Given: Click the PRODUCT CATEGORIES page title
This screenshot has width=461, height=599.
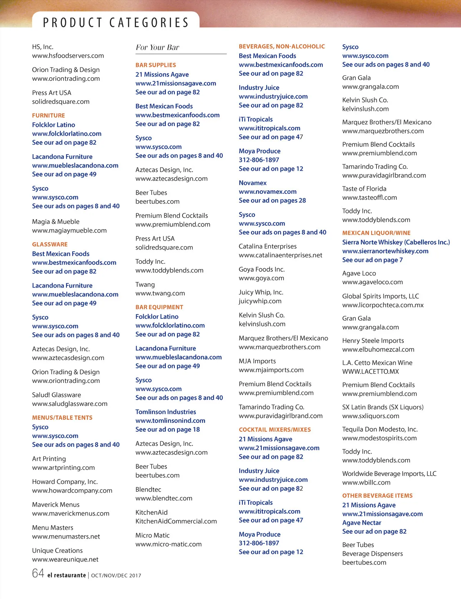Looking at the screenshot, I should [116, 22].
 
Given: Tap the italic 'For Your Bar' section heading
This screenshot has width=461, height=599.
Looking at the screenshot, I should [157, 47].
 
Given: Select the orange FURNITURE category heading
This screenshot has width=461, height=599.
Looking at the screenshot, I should [48, 115].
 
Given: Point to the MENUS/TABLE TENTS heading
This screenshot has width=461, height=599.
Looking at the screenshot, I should [62, 418].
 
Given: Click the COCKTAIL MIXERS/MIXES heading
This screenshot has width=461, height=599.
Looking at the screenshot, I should [275, 429].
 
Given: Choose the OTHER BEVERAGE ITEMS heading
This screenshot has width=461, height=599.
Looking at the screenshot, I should [377, 496].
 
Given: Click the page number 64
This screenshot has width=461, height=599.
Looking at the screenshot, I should [38, 573].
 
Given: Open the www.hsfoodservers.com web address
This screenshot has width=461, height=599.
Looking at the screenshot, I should [68, 56].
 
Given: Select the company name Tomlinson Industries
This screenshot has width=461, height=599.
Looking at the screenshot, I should [166, 412].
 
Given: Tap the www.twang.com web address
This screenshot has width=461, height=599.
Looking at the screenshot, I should [160, 293].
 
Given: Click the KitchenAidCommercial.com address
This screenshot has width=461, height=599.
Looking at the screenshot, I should [176, 521].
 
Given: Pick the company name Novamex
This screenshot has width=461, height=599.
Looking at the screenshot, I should [252, 183].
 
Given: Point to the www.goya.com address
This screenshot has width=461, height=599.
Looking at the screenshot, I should [261, 278].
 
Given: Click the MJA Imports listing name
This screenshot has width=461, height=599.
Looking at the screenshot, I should [257, 361].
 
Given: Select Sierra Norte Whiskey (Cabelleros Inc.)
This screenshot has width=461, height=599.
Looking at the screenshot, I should [396, 242].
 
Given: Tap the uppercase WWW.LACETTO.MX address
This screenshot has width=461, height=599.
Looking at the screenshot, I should [370, 371].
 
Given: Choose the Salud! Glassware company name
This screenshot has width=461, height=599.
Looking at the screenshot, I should [56, 395].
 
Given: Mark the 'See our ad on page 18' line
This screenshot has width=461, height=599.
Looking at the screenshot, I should [167, 429].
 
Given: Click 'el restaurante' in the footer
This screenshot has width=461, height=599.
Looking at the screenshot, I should [66, 575].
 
